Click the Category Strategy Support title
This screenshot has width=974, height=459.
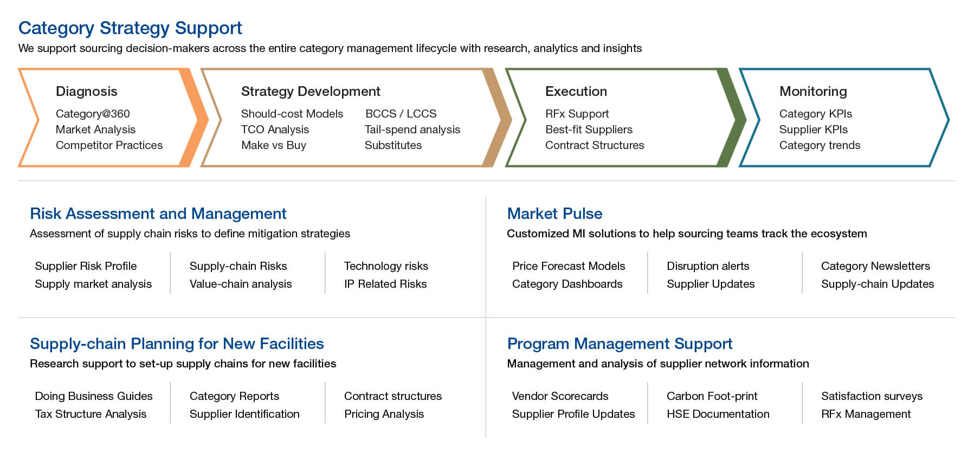(x=130, y=28)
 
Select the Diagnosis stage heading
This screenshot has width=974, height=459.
(x=87, y=91)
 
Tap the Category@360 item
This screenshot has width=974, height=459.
(x=93, y=114)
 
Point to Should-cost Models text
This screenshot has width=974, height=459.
(x=292, y=114)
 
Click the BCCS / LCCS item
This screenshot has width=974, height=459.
(x=401, y=114)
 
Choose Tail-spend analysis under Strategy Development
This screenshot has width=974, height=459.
(x=412, y=130)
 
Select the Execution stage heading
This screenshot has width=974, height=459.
(x=576, y=91)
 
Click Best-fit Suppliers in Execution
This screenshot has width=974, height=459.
(x=589, y=130)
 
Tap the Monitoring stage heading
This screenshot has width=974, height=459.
(x=813, y=91)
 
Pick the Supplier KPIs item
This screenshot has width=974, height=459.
(x=814, y=130)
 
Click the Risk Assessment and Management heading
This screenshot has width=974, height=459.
(x=158, y=214)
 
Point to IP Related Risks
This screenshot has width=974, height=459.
(x=385, y=284)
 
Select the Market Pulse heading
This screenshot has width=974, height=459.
(x=554, y=214)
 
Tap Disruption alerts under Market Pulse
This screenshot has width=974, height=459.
(x=708, y=266)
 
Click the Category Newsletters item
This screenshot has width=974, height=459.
(x=875, y=266)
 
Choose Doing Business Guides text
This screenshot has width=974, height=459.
(x=94, y=396)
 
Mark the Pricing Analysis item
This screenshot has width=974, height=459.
(x=384, y=414)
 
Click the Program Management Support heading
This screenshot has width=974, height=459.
(x=620, y=344)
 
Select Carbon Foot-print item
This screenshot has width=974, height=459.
(x=712, y=396)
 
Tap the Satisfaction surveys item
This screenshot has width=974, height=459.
(x=872, y=396)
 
